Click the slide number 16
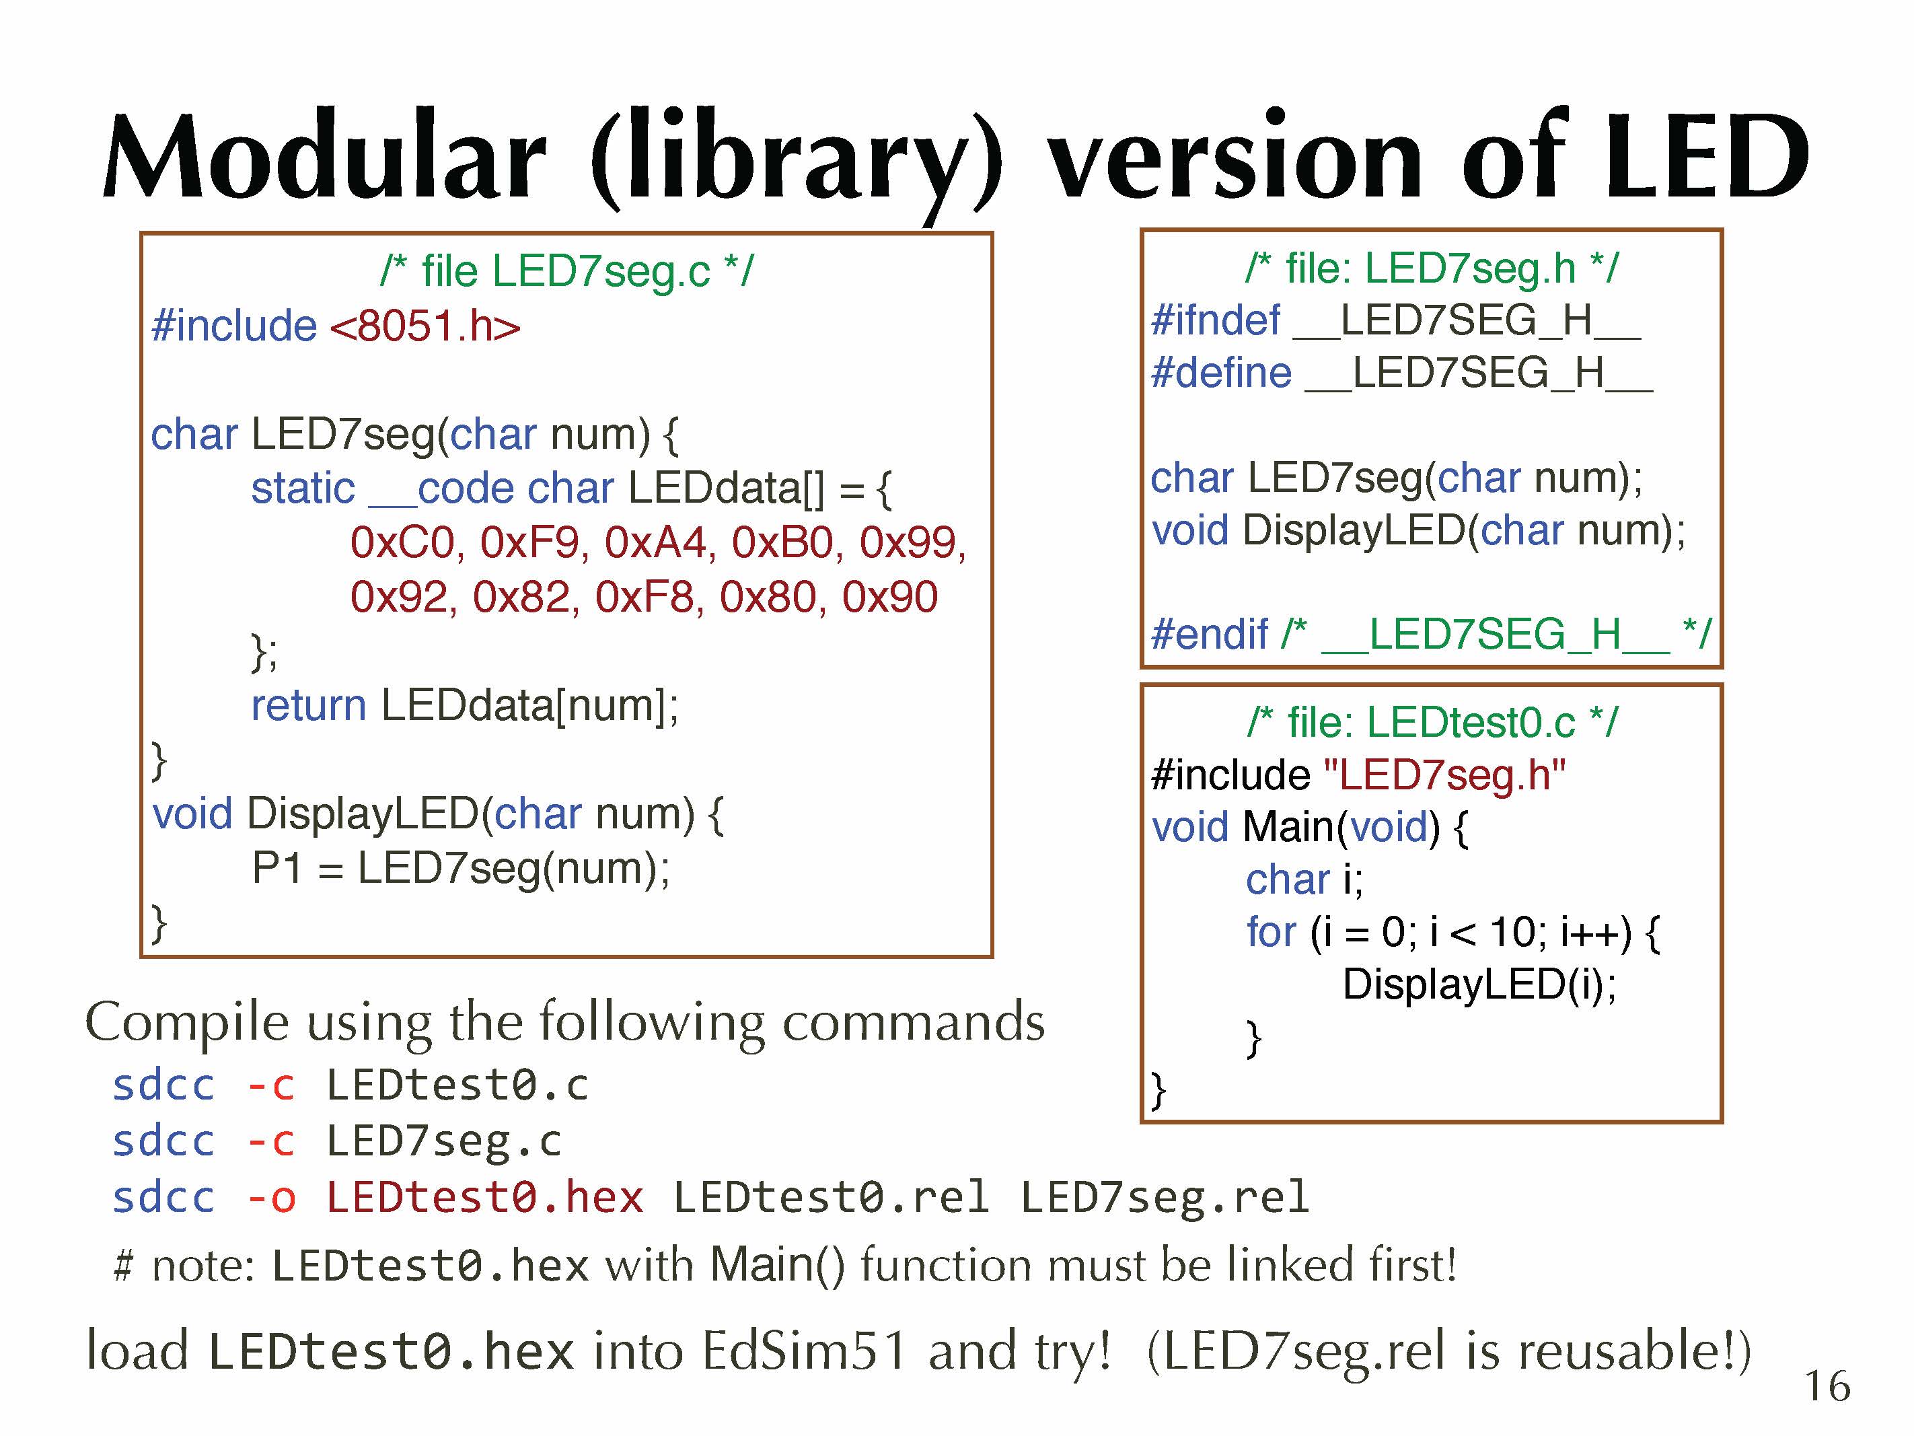click(x=1827, y=1386)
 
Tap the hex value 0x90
click(x=889, y=598)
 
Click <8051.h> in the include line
click(x=425, y=326)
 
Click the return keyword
click(x=308, y=705)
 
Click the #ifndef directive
click(x=1215, y=320)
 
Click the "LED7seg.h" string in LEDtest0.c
click(x=1444, y=775)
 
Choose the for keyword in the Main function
click(x=1271, y=932)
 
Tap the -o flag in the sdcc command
click(x=271, y=1198)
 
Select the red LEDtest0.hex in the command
click(x=484, y=1198)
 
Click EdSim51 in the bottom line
click(x=805, y=1351)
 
